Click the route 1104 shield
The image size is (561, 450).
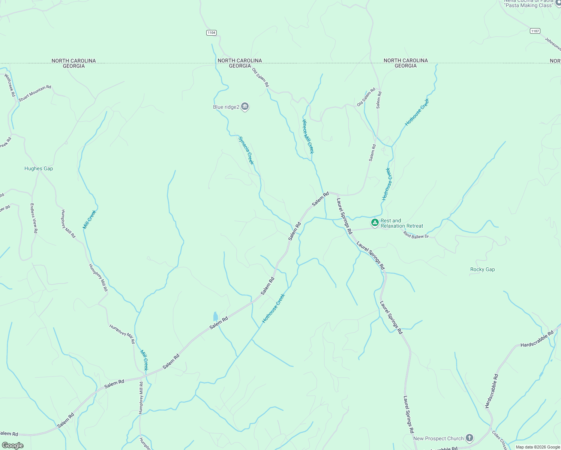coord(211,33)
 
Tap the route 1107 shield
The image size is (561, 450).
coord(535,31)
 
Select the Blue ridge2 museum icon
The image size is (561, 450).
coord(245,107)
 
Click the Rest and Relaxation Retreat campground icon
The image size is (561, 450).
coord(375,223)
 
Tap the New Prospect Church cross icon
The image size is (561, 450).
coord(469,438)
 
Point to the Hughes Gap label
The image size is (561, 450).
coord(39,169)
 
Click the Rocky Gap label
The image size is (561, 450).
coord(482,269)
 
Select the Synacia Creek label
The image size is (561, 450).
coord(246,150)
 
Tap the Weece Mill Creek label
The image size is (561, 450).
coord(308,136)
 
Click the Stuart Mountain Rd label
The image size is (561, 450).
coord(35,93)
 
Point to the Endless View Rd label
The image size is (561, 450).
coord(34,218)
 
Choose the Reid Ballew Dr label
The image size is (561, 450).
coord(416,236)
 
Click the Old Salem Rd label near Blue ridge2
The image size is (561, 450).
coord(260,78)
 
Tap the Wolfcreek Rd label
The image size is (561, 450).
coord(10,85)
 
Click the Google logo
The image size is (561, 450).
coord(12,445)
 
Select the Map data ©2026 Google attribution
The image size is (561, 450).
coord(537,447)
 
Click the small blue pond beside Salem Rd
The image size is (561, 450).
coord(215,316)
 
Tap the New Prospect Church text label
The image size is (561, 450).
coord(438,438)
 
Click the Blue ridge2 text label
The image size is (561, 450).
coord(226,107)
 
